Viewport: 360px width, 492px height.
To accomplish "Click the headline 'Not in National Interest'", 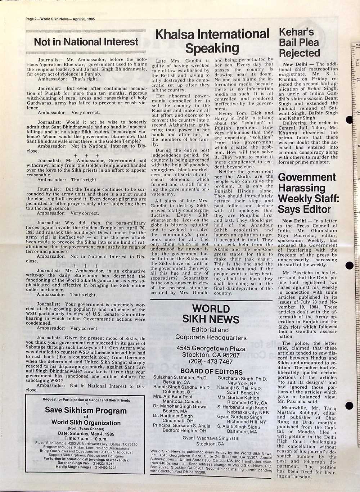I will tap(86, 42).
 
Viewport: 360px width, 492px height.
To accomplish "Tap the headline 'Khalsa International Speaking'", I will tap(212, 41).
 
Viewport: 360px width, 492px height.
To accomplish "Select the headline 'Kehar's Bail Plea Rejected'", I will tap(300, 42).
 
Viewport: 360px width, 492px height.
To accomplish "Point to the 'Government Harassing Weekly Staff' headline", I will tap(309, 193).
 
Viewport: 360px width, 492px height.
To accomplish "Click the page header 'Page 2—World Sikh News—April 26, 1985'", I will tap(60, 19).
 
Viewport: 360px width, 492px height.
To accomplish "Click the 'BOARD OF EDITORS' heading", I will tap(211, 371).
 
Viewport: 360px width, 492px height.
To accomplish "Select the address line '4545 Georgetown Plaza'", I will tap(211, 348).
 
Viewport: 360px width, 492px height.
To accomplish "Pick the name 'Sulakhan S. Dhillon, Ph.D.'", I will tap(180, 378).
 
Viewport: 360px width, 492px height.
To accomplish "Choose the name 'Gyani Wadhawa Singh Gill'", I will tap(211, 438).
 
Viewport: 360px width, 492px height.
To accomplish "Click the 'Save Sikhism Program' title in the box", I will tap(86, 411).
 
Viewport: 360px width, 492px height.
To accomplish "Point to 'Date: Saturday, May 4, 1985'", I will tap(86, 434).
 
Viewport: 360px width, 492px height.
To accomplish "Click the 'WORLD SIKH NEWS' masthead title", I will tap(211, 314).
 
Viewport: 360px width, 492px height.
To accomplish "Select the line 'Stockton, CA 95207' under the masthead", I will tap(211, 355).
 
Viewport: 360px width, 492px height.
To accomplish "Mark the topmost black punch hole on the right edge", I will tap(349, 120).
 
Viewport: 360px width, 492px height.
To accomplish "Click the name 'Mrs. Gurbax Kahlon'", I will tap(238, 398).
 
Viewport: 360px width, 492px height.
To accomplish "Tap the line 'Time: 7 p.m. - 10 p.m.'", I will tap(86, 439).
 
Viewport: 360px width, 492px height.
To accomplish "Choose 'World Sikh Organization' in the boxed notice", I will tap(86, 423).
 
